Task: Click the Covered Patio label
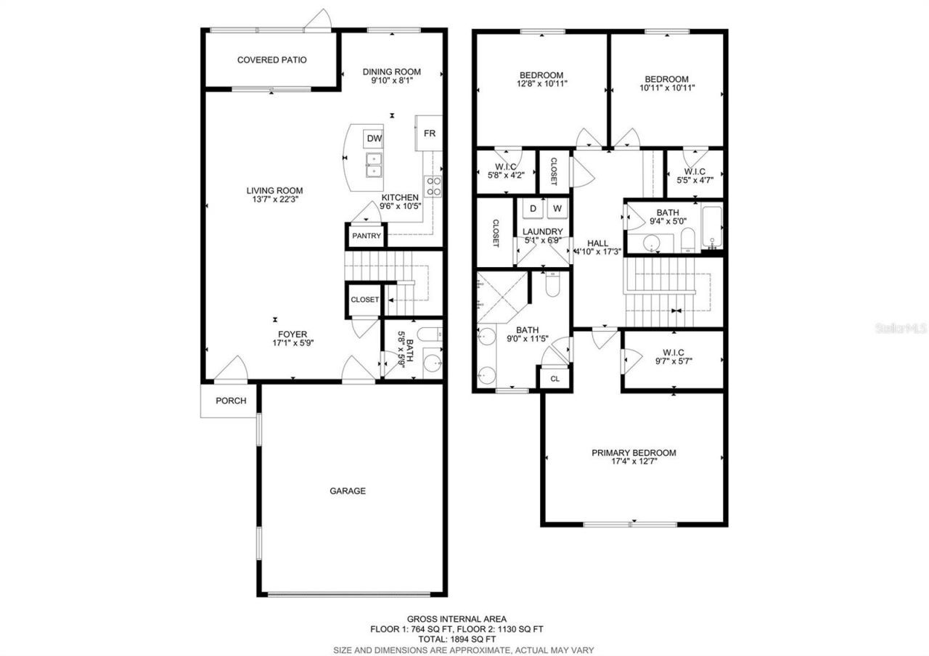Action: coord(271,60)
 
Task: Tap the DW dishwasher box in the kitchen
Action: coord(374,138)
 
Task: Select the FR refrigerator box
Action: coord(430,134)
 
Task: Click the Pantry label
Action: coord(367,237)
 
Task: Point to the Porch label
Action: coord(231,401)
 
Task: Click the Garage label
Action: coord(348,491)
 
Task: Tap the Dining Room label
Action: coord(392,72)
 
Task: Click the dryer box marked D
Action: coord(533,209)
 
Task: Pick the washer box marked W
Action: coord(557,209)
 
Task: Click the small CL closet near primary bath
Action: coord(554,378)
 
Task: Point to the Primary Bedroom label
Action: coord(634,453)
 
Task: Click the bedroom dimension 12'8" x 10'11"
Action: coord(541,84)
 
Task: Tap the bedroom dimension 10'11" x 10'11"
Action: coord(667,89)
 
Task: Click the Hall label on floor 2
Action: coord(597,244)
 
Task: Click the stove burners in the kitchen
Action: coord(433,186)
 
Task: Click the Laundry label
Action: coord(543,231)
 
